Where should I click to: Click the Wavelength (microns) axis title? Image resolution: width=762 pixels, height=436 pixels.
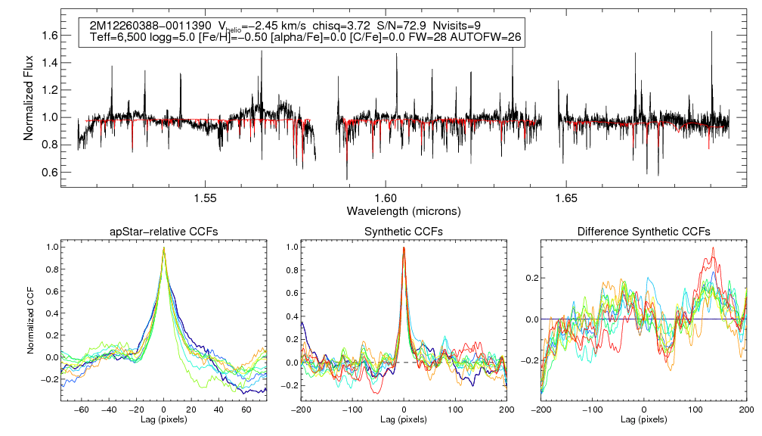pyautogui.click(x=403, y=210)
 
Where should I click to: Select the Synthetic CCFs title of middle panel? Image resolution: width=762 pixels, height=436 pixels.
pyautogui.click(x=404, y=231)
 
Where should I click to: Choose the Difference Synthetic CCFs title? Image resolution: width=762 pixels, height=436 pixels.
pyautogui.click(x=643, y=231)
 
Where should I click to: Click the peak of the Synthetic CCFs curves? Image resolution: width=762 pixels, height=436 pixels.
pyautogui.click(x=404, y=248)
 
